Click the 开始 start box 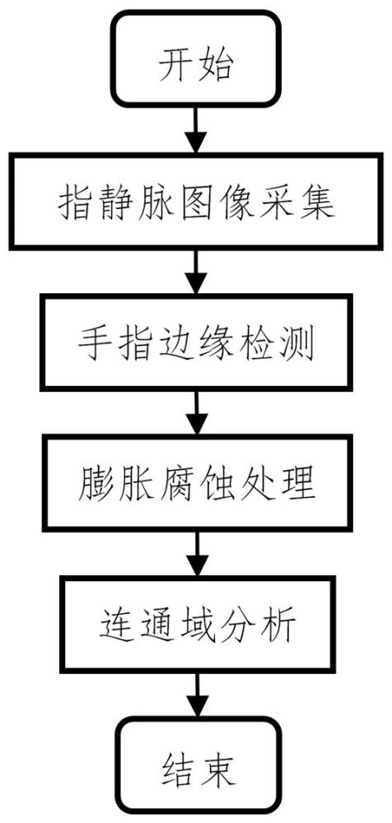point(195,64)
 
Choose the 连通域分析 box point(195,623)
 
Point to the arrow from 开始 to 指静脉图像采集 point(195,133)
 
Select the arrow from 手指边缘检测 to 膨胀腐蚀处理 point(195,413)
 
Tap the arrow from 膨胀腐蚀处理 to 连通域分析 point(195,553)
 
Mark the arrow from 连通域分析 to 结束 point(195,693)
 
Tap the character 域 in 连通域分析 point(195,624)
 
